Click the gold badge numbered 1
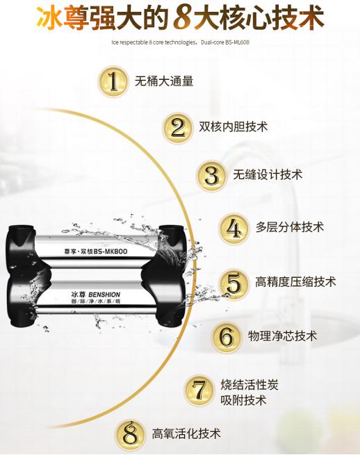pos(114,81)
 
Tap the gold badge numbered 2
pos(178,127)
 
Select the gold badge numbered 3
pos(211,175)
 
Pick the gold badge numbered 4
pos(234,228)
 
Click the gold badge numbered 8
pos(130,433)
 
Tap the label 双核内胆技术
pos(233,127)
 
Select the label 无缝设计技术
pos(268,175)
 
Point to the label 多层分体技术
pos(290,227)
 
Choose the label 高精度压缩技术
pos(295,281)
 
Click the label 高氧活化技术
pos(186,433)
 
